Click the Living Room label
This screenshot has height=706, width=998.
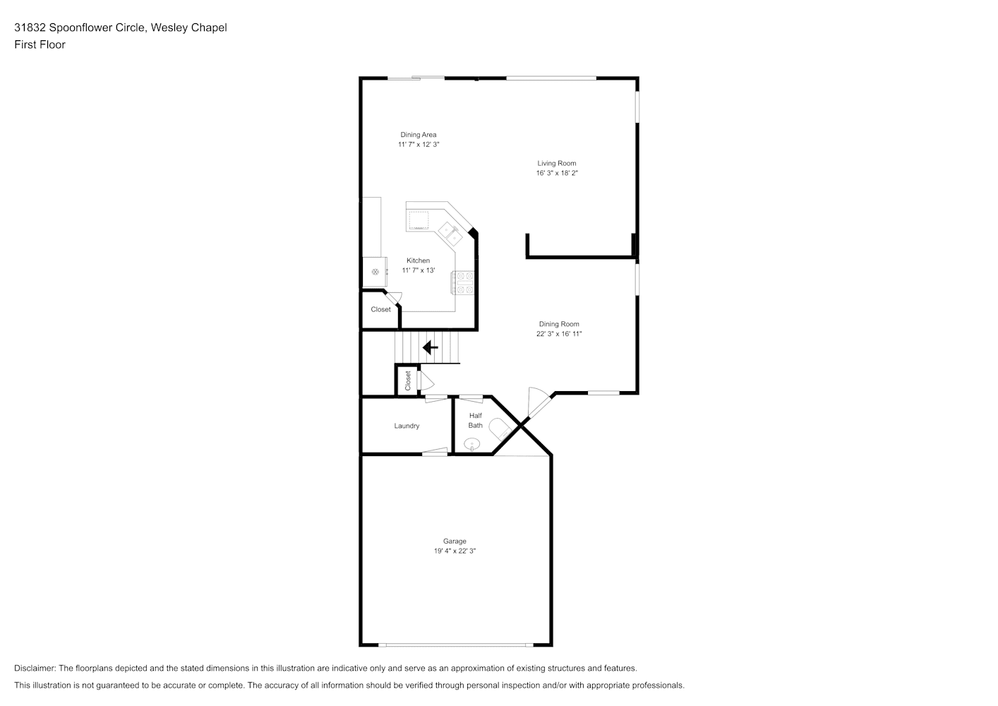coord(556,163)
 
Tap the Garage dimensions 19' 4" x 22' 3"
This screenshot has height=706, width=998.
coord(455,551)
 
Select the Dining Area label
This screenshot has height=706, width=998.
coord(419,135)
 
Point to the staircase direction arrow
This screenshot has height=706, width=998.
coord(431,347)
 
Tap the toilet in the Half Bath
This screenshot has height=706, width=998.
coord(500,429)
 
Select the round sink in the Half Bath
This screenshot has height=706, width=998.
coord(471,444)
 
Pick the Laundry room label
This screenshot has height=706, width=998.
coord(407,426)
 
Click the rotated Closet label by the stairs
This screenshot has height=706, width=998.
coord(408,381)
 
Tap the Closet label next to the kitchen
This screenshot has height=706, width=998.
coord(381,309)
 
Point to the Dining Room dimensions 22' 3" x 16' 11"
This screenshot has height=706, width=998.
coord(559,333)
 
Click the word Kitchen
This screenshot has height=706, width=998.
coord(419,261)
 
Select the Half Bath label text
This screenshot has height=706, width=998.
coord(476,420)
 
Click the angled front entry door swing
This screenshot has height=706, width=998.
coord(539,402)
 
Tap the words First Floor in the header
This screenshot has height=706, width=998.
coord(40,44)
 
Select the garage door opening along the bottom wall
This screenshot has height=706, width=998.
coord(456,645)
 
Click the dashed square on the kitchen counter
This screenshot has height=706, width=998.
coord(419,220)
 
